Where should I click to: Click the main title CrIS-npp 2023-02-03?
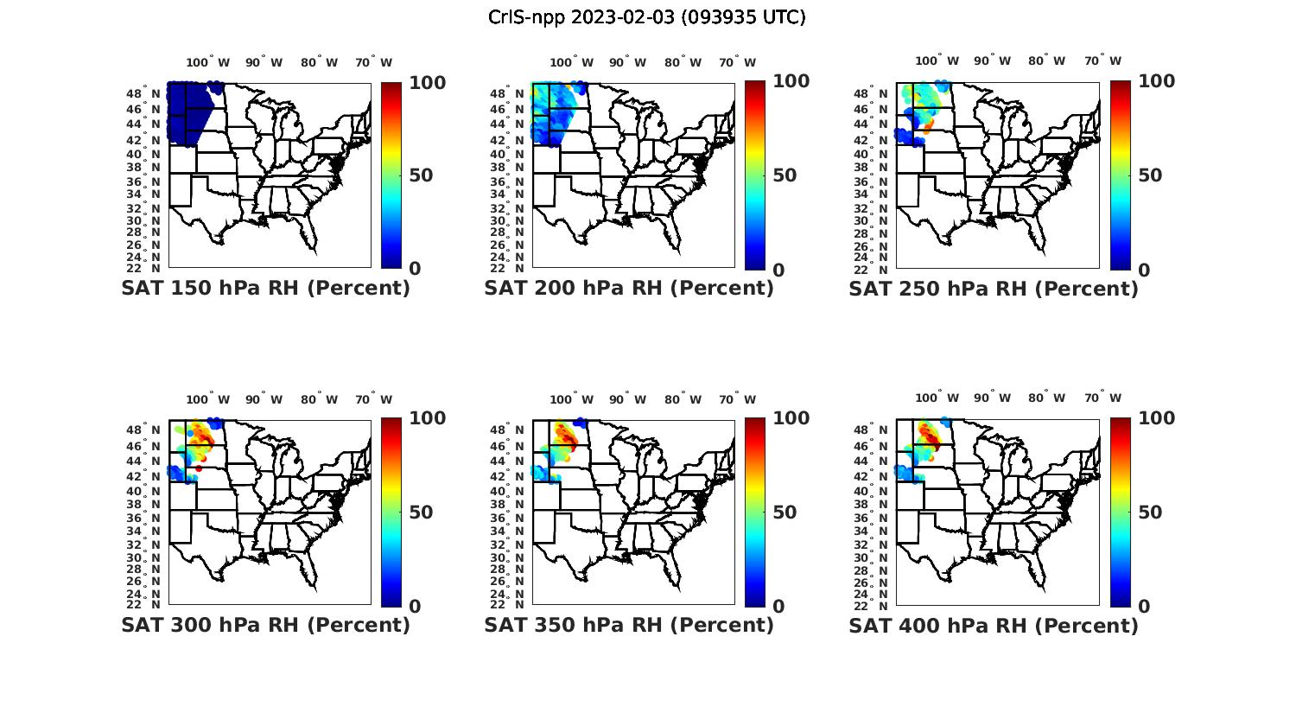(646, 17)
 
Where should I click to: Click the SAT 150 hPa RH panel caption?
(265, 289)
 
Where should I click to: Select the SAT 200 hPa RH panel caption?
(629, 289)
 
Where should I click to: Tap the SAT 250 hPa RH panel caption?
(994, 289)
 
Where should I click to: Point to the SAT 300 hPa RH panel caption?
(265, 625)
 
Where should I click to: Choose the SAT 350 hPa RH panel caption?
(629, 625)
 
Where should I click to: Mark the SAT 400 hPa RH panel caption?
(994, 625)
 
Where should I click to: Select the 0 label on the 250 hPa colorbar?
(1144, 270)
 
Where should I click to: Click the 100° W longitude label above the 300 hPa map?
(208, 399)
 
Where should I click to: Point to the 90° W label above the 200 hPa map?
(627, 62)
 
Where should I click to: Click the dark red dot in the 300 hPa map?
(199, 468)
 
